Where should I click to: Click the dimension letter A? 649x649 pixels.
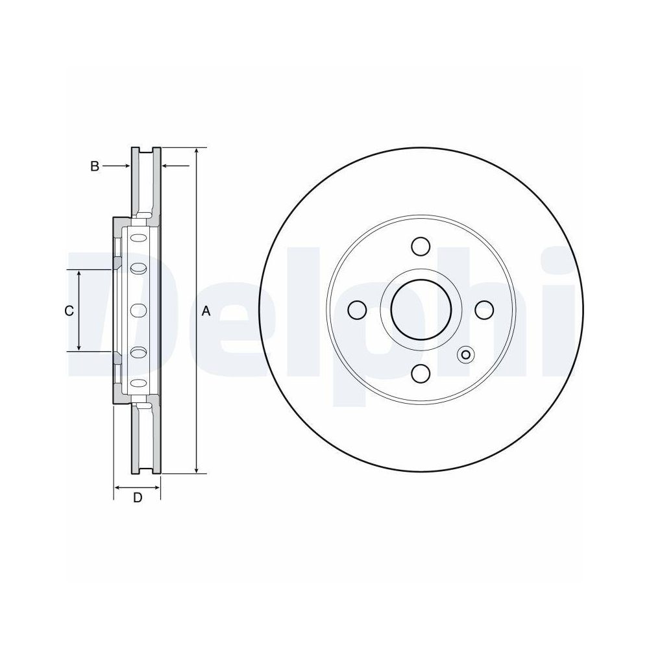tap(206, 311)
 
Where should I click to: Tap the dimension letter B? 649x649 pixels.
tap(94, 166)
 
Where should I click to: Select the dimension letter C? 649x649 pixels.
tap(69, 311)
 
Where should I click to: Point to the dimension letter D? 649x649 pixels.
tap(137, 498)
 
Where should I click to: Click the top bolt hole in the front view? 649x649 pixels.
tap(421, 247)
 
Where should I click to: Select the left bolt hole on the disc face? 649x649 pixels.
tap(357, 310)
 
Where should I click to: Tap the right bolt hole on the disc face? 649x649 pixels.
tap(484, 310)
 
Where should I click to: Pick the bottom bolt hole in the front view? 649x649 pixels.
tap(421, 374)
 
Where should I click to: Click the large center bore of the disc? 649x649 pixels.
tap(421, 310)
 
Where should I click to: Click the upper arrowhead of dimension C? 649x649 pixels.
tap(79, 275)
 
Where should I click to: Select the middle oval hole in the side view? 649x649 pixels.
tap(138, 310)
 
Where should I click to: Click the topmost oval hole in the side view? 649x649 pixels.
tap(138, 238)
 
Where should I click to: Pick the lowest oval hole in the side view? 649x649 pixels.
tap(138, 383)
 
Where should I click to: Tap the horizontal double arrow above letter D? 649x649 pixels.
tap(137, 486)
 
